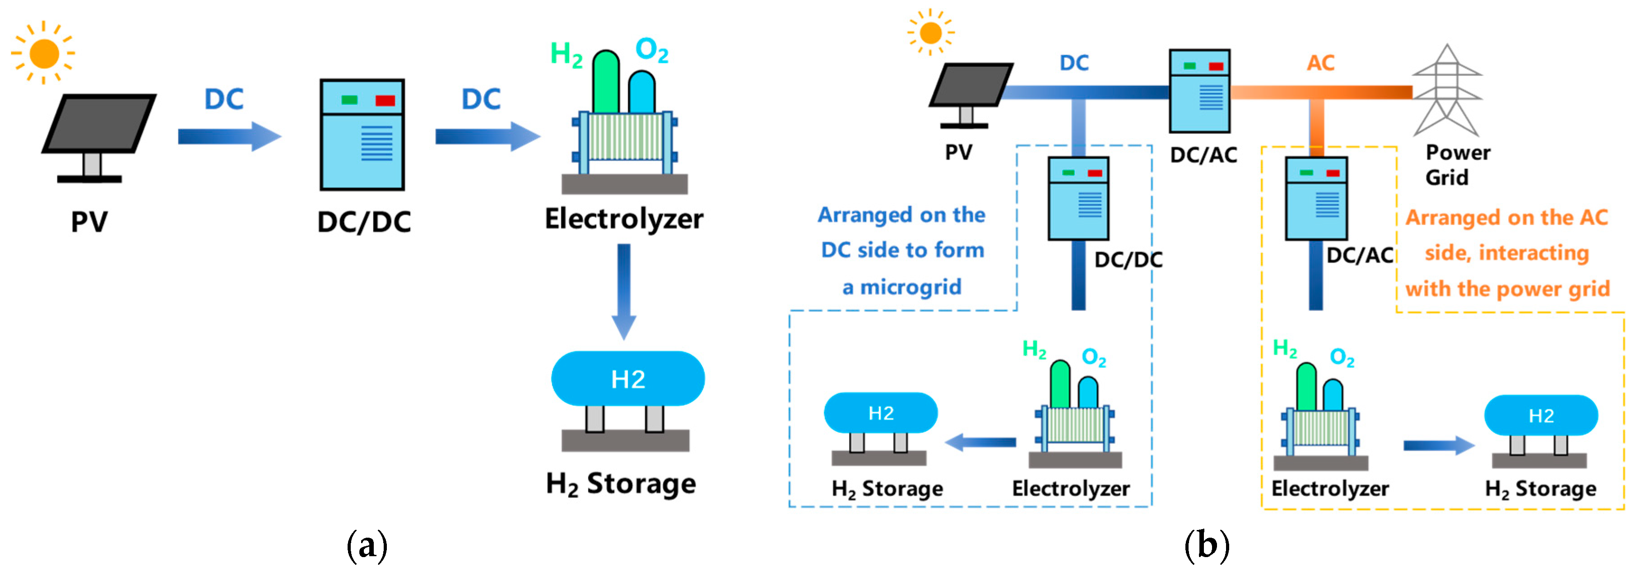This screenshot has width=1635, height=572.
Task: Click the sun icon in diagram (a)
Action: pos(43,53)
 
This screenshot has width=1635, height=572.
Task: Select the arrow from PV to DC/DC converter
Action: pos(228,136)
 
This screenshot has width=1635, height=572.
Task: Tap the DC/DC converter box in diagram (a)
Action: pos(362,135)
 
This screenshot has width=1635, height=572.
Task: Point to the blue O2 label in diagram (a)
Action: pos(651,50)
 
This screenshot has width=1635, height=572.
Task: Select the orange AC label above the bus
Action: pos(1320,63)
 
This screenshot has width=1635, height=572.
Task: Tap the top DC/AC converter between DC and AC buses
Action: pos(1199,91)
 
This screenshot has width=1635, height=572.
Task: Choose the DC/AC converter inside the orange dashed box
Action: pos(1316,199)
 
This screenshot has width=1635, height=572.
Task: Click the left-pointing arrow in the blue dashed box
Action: pos(980,442)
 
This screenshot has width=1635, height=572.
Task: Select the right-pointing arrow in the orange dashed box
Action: pos(1438,445)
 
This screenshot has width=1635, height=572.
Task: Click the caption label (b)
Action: pos(1207,545)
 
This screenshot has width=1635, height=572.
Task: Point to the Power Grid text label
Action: pos(1456,164)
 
